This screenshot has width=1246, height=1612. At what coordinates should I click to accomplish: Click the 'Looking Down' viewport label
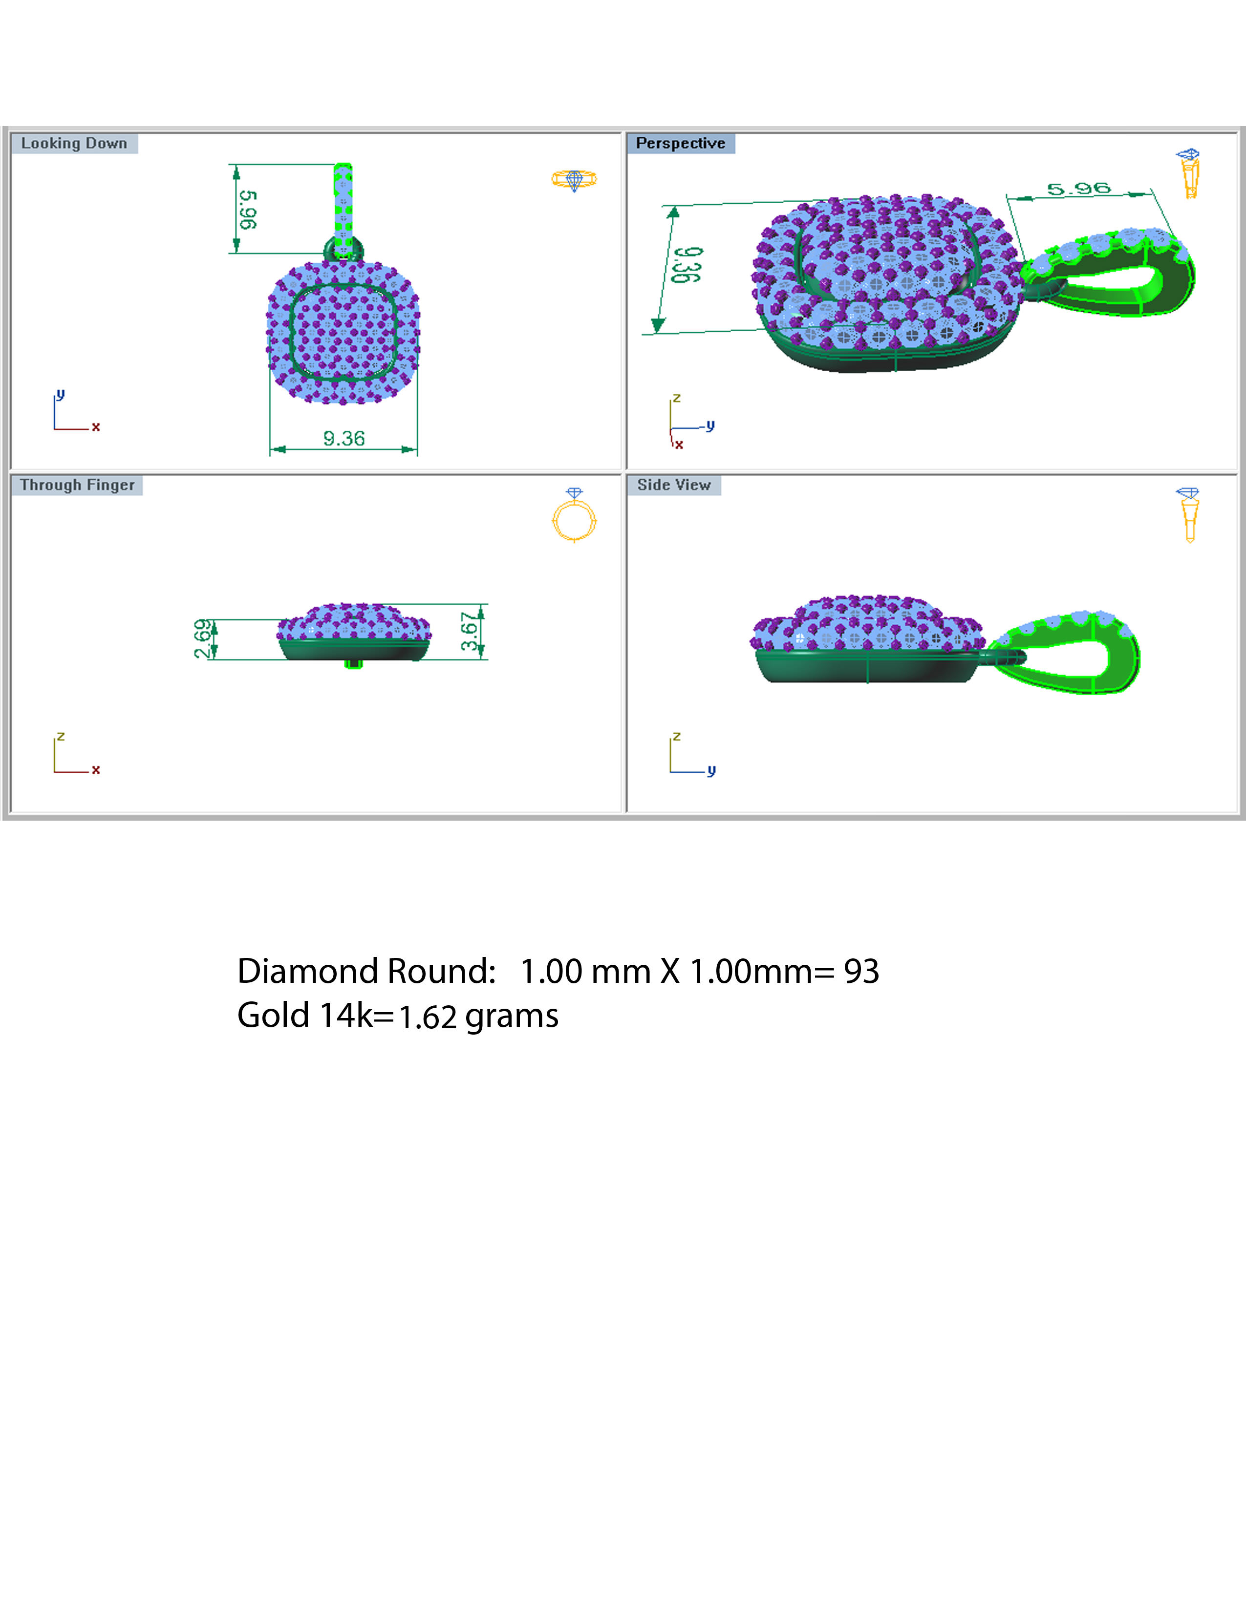pos(74,143)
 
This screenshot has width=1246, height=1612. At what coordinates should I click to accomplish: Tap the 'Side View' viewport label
pos(673,485)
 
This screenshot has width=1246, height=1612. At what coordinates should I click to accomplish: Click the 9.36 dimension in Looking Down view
pos(344,439)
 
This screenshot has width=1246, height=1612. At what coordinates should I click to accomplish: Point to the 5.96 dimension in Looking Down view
pos(248,210)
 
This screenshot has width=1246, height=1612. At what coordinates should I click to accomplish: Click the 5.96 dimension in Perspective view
pos(1078,189)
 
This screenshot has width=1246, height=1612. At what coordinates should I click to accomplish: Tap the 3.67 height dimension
pos(470,632)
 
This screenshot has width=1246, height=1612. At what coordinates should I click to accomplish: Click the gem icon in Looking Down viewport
pos(574,179)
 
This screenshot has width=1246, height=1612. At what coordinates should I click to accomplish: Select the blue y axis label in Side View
pos(711,770)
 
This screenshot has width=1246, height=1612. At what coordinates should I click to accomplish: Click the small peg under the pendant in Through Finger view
pos(354,663)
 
